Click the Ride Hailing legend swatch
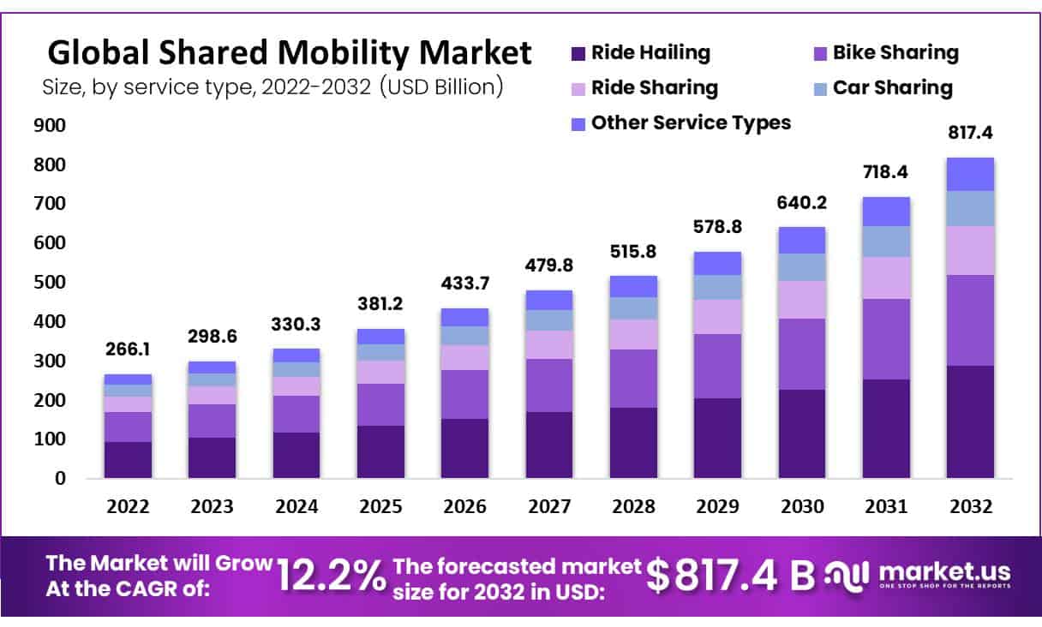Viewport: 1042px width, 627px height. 578,53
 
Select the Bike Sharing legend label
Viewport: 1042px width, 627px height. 895,53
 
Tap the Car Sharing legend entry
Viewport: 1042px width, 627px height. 892,87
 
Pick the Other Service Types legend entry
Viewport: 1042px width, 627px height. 691,122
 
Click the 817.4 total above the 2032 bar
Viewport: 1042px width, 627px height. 970,134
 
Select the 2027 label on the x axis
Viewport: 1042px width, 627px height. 548,506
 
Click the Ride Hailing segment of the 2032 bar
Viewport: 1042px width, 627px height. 970,421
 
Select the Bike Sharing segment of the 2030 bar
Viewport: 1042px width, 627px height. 801,354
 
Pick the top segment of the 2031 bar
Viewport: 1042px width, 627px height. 886,212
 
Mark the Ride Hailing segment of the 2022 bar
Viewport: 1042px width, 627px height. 129,459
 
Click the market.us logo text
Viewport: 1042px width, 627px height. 944,571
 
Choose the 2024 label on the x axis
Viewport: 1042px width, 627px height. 296,506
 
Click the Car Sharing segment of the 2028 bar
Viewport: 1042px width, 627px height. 633,308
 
